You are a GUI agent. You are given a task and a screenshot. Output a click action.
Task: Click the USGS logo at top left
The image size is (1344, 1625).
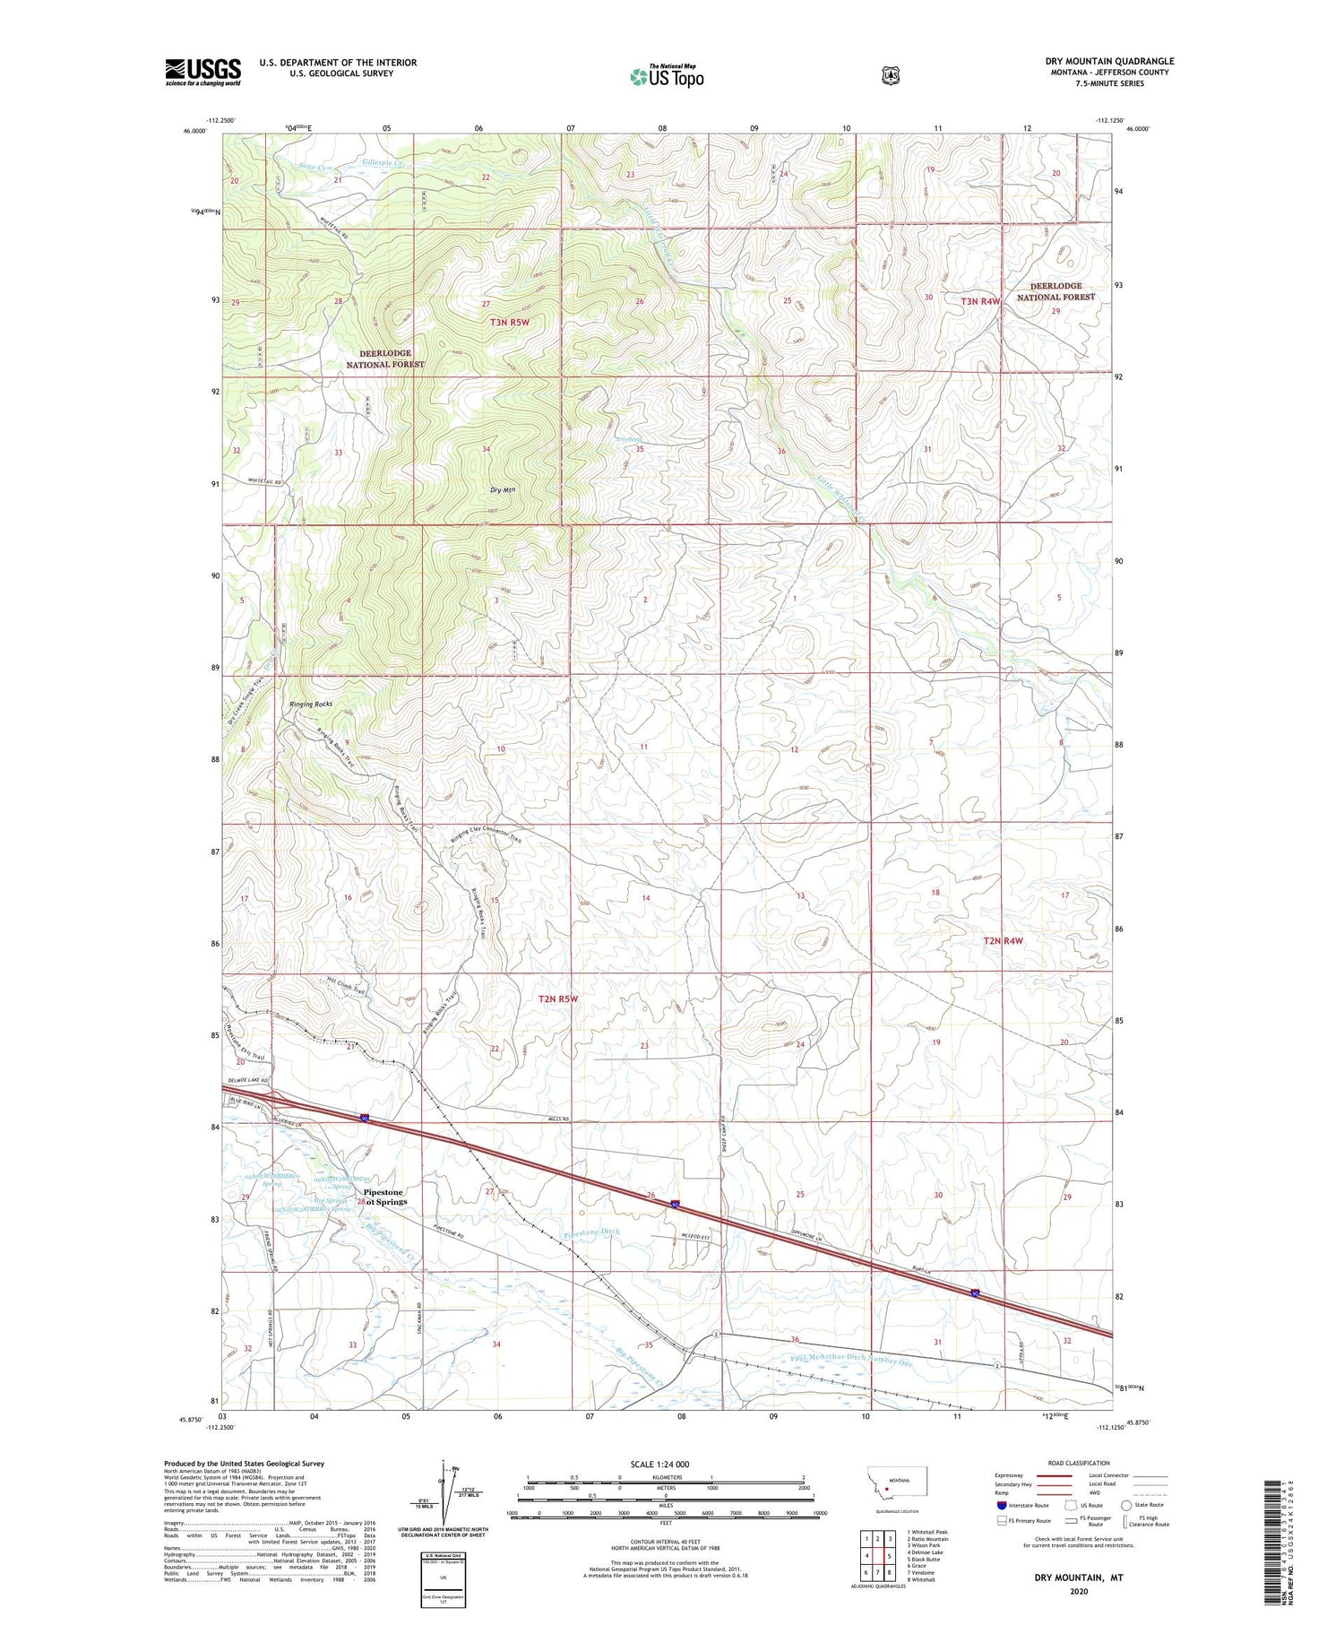(x=202, y=72)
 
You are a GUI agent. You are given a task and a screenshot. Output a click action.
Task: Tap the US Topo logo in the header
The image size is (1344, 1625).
(x=667, y=76)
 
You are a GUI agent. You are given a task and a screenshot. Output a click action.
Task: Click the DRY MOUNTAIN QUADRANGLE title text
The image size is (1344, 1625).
(x=1108, y=61)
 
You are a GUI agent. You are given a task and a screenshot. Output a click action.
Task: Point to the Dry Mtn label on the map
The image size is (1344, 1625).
(x=503, y=489)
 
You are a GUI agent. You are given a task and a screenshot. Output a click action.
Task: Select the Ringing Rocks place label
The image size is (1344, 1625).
(x=311, y=704)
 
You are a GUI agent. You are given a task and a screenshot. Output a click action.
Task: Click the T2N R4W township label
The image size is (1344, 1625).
(x=1002, y=940)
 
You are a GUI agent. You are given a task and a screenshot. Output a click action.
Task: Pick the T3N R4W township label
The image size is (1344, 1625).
(x=980, y=301)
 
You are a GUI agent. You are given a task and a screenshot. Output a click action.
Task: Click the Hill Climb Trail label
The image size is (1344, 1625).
(x=347, y=985)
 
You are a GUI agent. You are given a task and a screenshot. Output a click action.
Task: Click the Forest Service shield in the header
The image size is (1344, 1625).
(x=890, y=76)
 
